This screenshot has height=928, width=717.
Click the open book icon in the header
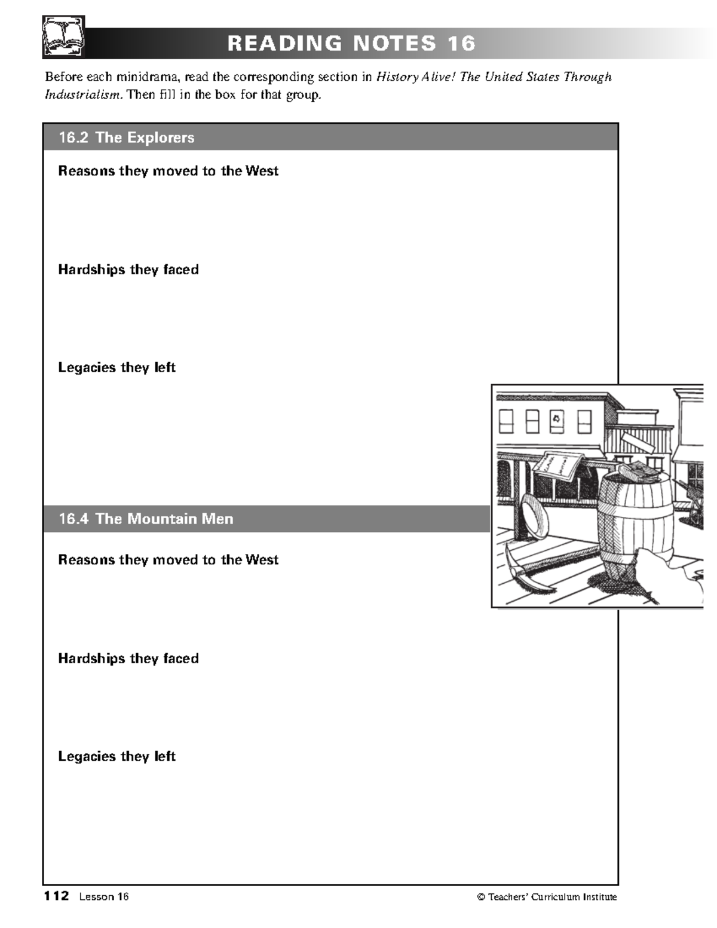tap(63, 38)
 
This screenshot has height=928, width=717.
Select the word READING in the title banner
tap(284, 44)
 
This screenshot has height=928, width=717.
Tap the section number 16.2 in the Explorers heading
tap(73, 137)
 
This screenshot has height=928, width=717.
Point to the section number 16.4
tap(73, 519)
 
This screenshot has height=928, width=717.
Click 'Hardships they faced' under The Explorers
tap(128, 269)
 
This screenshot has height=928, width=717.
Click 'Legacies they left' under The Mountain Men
tap(117, 757)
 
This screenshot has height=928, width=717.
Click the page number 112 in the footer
tap(56, 896)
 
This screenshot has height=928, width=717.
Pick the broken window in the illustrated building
tap(557, 421)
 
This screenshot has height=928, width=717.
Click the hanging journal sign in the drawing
tap(559, 467)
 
